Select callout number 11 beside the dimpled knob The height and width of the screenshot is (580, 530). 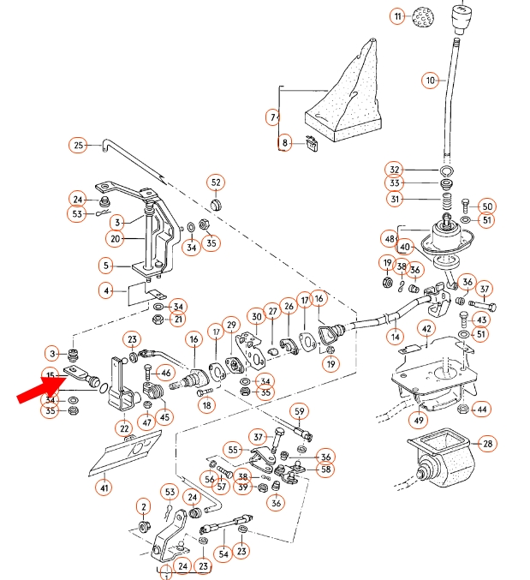pos(396,16)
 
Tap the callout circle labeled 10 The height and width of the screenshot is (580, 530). pos(430,81)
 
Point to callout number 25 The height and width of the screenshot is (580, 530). pos(79,145)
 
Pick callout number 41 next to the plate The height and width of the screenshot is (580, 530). pos(104,488)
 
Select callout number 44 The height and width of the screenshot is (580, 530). pos(482,410)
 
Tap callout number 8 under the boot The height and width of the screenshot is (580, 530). pos(285,142)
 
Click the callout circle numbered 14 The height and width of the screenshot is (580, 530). pos(395,338)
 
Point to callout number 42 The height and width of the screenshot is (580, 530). pos(426,328)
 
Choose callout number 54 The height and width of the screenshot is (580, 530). pos(223,553)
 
